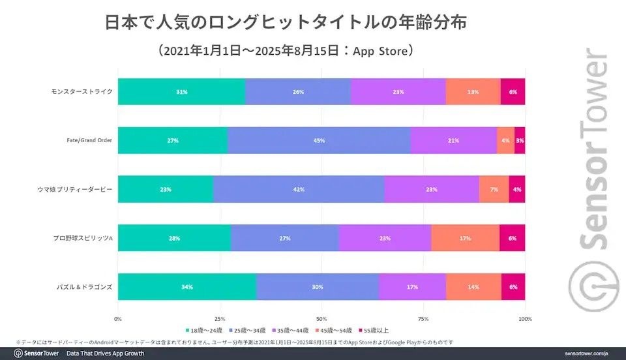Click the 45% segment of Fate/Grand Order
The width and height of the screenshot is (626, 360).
320,140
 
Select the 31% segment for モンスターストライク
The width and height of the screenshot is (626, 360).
181,92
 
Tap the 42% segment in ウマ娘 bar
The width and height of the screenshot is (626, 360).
299,189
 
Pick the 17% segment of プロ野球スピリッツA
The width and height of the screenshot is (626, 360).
465,238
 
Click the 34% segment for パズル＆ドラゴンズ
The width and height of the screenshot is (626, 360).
187,287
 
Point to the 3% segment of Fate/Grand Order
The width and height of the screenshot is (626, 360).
519,140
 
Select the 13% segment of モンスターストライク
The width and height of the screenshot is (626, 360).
473,92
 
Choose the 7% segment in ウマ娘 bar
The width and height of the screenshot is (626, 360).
494,189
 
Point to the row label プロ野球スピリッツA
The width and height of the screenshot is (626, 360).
82,238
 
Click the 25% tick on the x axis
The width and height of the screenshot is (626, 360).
220,319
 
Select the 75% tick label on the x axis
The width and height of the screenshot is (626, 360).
423,319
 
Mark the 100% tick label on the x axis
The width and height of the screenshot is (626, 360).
525,319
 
